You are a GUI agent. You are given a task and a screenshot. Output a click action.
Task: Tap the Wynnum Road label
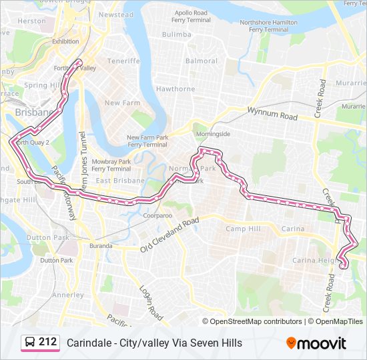[272, 113]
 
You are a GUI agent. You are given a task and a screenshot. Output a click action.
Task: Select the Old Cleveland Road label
[169, 235]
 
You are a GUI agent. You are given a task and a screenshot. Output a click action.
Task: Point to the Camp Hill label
[242, 229]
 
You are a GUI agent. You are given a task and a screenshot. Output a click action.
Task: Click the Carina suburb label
[293, 229]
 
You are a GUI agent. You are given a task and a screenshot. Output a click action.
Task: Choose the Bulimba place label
[176, 34]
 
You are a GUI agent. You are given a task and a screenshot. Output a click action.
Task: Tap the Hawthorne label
[175, 89]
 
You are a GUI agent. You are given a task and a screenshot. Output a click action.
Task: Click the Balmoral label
[202, 61]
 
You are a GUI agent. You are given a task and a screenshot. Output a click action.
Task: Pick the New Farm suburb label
[122, 103]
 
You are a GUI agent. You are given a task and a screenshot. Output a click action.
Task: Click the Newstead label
[116, 15]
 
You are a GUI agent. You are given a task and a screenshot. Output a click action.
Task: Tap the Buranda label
[101, 246]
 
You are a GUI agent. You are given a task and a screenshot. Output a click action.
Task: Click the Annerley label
[68, 295]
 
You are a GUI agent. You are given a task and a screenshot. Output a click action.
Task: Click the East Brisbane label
[120, 181]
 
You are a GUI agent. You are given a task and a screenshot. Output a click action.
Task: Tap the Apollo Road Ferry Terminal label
[192, 16]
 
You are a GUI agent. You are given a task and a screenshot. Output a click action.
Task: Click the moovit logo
[316, 343]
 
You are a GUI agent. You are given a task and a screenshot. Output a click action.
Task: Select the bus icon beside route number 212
[31, 343]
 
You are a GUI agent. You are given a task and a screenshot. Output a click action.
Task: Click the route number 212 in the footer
[47, 342]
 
